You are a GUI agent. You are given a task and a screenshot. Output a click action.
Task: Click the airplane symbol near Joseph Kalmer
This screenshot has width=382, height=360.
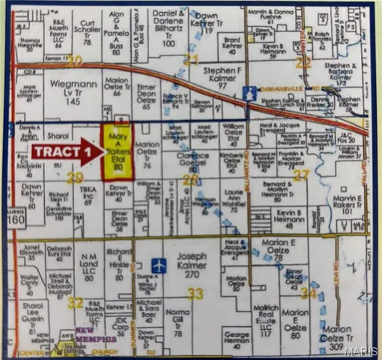pos(159,265)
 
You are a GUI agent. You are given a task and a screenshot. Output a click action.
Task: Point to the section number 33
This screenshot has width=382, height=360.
pos(195,292)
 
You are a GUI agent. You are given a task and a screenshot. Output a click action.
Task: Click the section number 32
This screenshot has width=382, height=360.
pos(75,301)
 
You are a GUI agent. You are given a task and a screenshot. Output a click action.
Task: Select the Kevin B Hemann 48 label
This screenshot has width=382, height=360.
pos(288,217)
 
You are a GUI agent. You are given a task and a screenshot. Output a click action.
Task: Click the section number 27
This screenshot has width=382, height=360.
pos(301,175)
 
